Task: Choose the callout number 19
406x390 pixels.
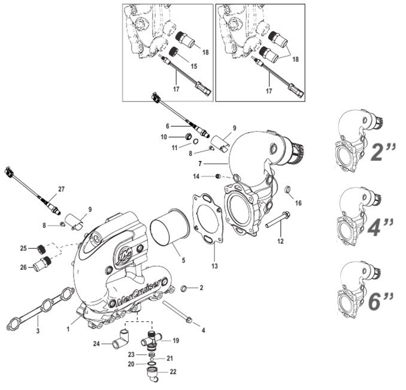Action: coord(176,340)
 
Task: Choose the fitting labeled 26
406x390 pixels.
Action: coord(43,264)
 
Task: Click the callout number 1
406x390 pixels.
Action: coord(69,328)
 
